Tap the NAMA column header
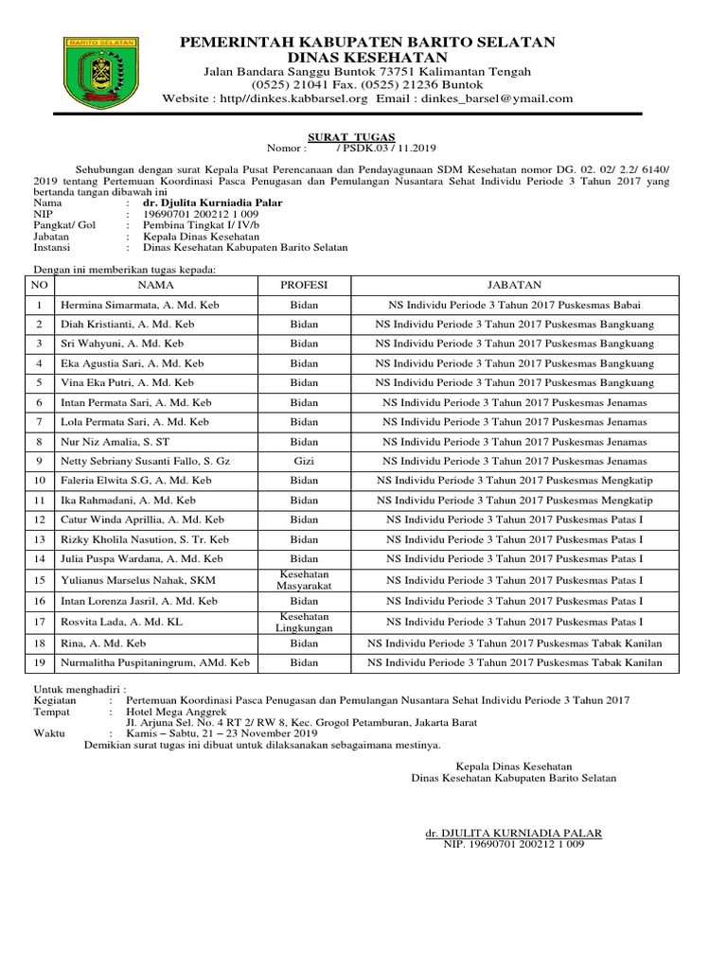tap(156, 285)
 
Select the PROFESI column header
tap(304, 285)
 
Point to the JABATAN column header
tap(514, 285)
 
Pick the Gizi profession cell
tap(304, 461)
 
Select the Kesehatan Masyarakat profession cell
tap(304, 580)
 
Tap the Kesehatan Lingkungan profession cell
tap(304, 622)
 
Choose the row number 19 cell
tap(39, 663)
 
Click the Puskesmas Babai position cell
tap(514, 305)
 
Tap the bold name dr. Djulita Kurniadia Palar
tap(212, 203)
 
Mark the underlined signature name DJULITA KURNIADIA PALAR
tap(513, 833)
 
